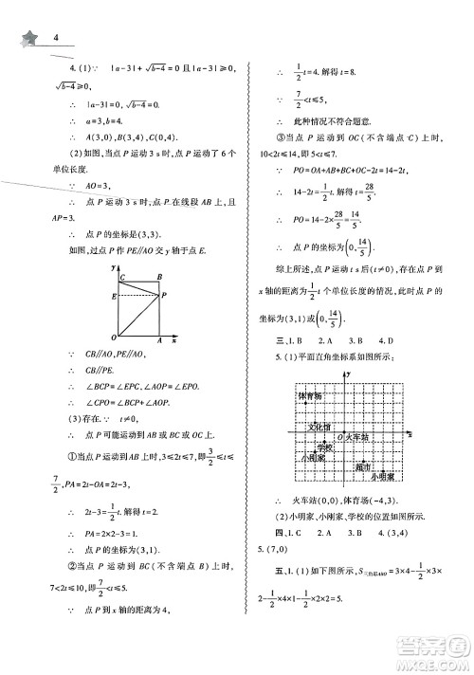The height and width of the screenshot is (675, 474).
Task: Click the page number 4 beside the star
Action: point(58,37)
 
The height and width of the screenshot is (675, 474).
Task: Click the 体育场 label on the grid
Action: point(310,395)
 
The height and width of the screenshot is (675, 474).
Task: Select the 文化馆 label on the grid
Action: point(319,428)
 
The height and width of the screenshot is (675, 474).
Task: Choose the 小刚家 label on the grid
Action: point(312,458)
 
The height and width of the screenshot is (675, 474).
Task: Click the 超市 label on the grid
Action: point(365,466)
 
